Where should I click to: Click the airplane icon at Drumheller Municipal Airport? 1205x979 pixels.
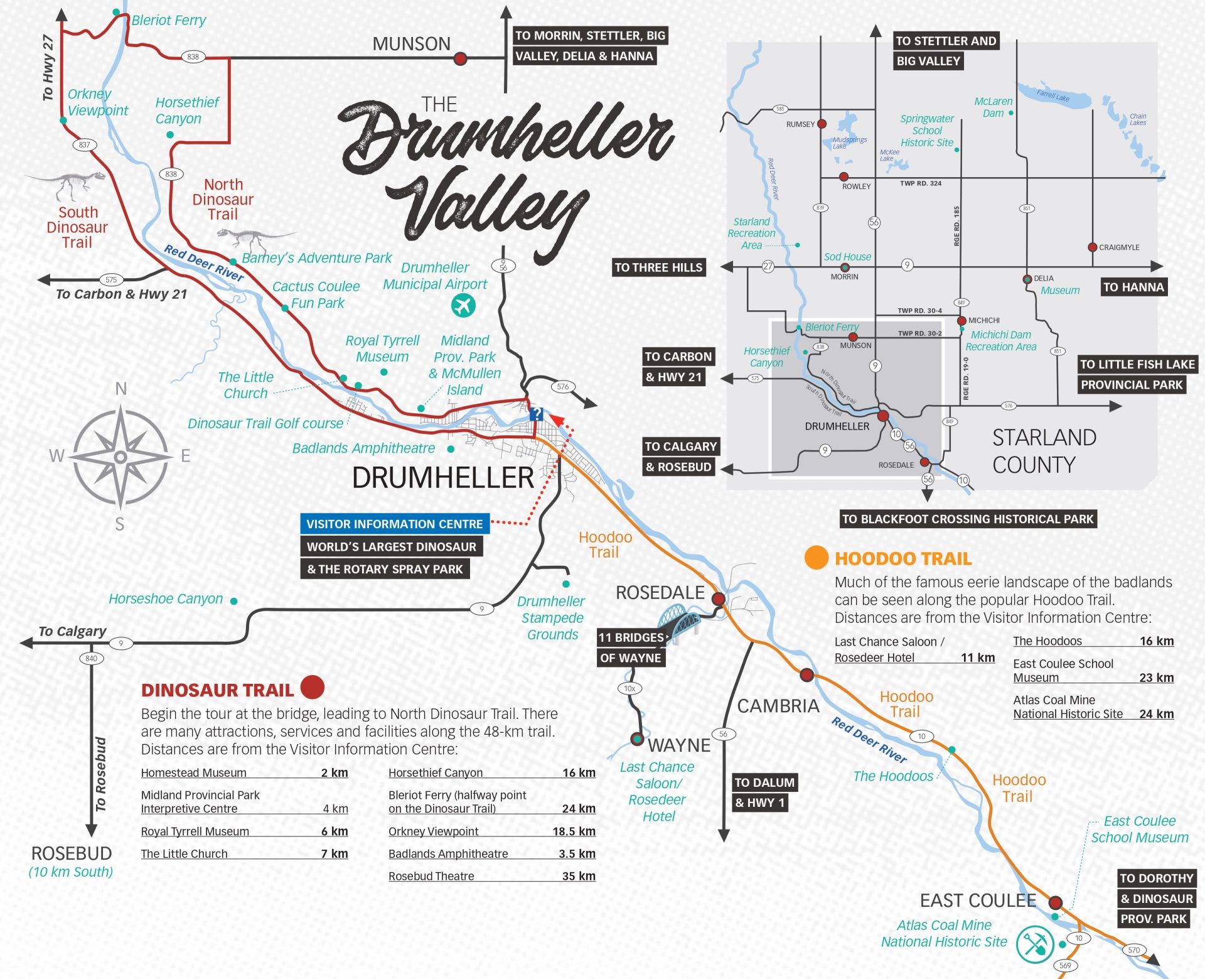click(x=463, y=306)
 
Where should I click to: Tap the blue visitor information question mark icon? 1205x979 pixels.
click(x=536, y=414)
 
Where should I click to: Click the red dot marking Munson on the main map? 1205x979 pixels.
click(x=460, y=58)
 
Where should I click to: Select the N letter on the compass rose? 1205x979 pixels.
click(x=121, y=389)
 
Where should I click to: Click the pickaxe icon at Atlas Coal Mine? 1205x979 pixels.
click(x=1034, y=943)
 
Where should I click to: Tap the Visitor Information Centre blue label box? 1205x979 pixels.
click(x=394, y=524)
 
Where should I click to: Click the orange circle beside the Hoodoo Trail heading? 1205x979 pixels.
click(x=816, y=558)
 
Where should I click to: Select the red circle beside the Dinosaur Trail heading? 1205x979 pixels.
click(x=312, y=687)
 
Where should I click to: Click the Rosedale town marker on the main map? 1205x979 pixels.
click(x=719, y=598)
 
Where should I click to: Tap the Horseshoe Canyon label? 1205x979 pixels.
click(x=166, y=599)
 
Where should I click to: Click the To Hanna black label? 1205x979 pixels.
click(x=1133, y=287)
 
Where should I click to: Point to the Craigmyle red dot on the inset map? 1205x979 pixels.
click(x=1092, y=247)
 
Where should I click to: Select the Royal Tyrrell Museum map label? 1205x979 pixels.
click(x=382, y=349)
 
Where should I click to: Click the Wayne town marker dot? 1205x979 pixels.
click(x=637, y=738)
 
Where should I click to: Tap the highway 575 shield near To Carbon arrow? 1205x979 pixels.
click(x=111, y=279)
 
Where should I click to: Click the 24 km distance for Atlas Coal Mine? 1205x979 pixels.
click(x=1156, y=714)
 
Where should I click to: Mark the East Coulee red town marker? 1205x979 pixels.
click(x=1056, y=903)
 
